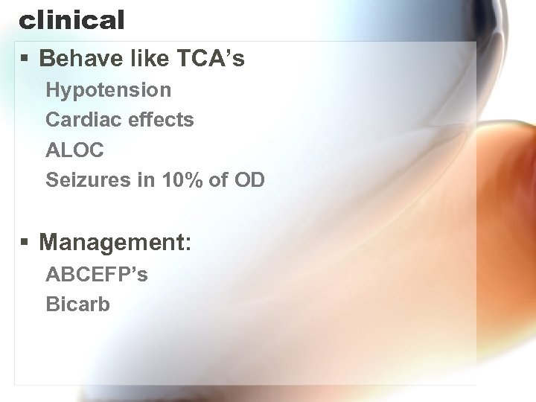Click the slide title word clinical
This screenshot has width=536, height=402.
click(71, 20)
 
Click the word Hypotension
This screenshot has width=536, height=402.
click(108, 90)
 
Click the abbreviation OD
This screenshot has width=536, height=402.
click(249, 180)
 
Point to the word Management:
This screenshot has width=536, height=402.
click(115, 242)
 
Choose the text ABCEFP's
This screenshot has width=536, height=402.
click(97, 275)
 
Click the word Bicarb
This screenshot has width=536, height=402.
click(77, 304)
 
